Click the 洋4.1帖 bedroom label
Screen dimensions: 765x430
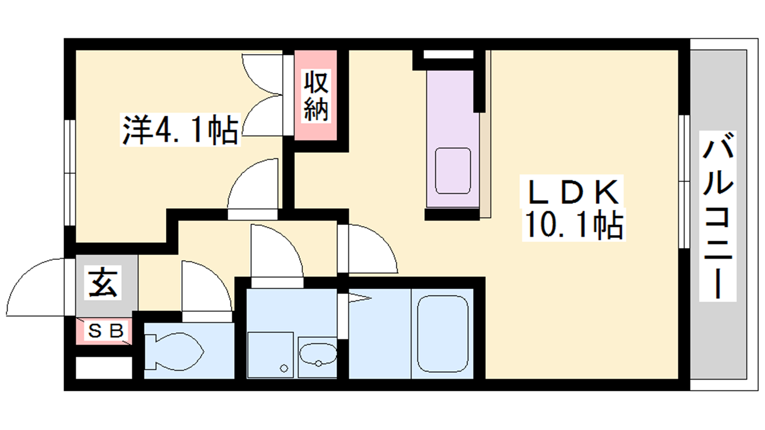[x=180, y=130]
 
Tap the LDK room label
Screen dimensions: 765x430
[x=573, y=192]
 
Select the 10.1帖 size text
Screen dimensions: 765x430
[x=574, y=225]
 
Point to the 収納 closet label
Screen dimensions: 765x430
[x=316, y=96]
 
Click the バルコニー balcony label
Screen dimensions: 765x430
[x=718, y=215]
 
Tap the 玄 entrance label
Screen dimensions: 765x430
[x=103, y=283]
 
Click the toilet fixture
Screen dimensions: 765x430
[x=174, y=352]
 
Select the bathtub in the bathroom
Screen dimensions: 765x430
[x=443, y=334]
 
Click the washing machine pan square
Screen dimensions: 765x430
[x=271, y=355]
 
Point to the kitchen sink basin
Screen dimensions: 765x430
[x=453, y=171]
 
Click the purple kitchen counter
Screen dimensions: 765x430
[x=453, y=139]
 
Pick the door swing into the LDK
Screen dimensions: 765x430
[x=372, y=249]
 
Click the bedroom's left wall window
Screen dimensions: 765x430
[x=70, y=172]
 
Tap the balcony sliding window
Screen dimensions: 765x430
[x=684, y=182]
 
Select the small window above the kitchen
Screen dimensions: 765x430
[x=448, y=54]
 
